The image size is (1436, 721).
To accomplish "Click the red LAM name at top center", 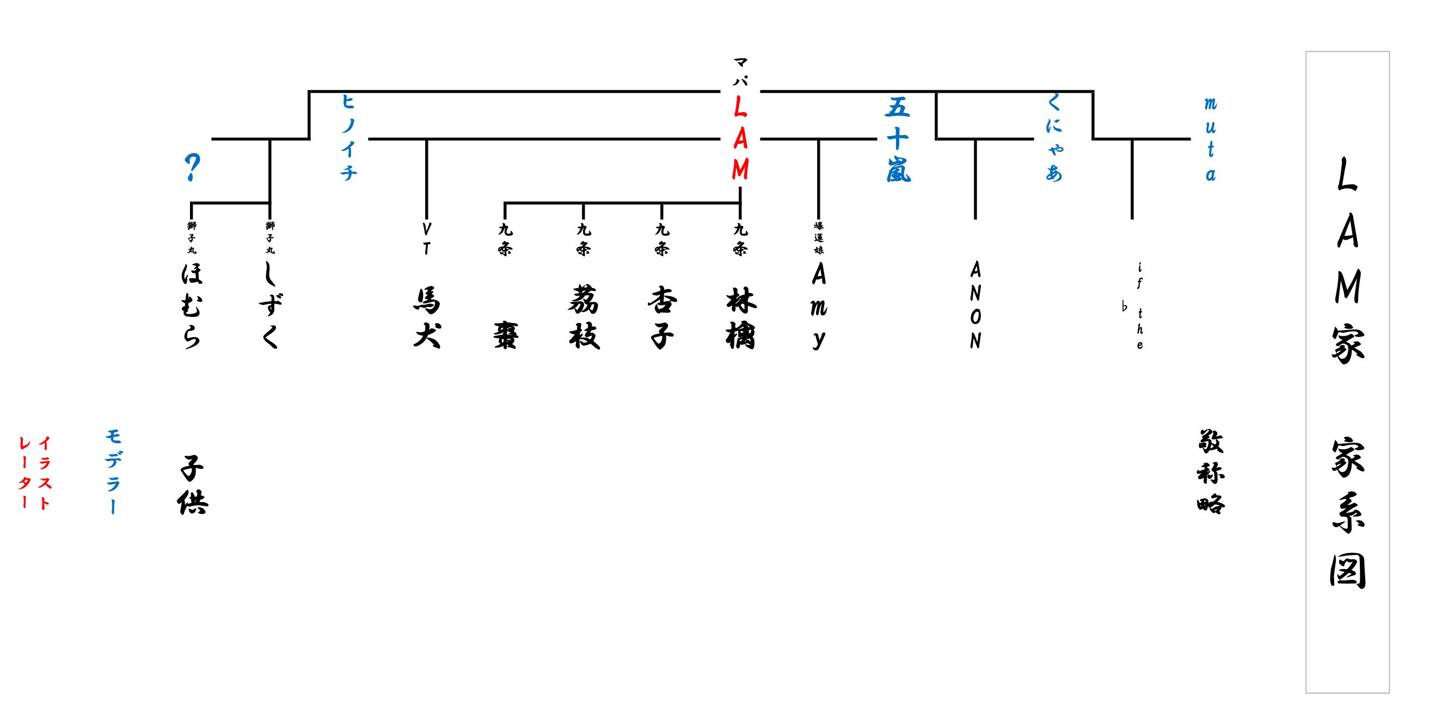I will [x=740, y=138].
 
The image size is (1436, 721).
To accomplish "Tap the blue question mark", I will [x=192, y=167].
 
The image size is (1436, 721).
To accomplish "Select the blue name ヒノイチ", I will [x=348, y=137].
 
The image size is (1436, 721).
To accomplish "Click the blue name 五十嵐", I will [x=898, y=139].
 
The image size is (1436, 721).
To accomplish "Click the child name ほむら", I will [x=191, y=305].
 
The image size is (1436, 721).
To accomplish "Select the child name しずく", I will [x=271, y=305].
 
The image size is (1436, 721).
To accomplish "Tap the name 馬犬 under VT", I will [x=427, y=318].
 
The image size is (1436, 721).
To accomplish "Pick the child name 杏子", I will [x=662, y=318].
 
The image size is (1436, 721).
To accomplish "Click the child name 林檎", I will [x=740, y=318].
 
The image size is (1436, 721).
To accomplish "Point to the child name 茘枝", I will [x=584, y=318].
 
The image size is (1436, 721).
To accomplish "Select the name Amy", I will [x=818, y=305].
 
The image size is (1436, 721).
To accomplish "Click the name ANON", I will [x=975, y=305].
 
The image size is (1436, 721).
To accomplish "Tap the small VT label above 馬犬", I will [x=426, y=239].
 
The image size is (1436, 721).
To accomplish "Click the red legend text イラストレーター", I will [x=34, y=473].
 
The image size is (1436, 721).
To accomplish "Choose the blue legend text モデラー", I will [x=113, y=472].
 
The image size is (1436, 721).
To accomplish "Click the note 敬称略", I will [x=1210, y=472].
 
